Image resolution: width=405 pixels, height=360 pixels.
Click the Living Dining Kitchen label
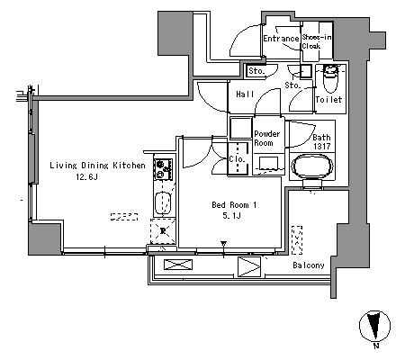click(x=97, y=166)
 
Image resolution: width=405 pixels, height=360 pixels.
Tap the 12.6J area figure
click(x=86, y=177)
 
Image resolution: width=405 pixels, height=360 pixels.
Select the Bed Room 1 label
click(x=234, y=205)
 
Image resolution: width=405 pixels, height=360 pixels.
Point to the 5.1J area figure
click(x=231, y=215)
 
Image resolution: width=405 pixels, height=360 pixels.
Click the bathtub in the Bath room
click(x=312, y=166)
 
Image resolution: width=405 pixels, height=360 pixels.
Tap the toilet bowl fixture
click(x=330, y=79)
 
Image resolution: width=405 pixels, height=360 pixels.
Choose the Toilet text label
click(x=328, y=99)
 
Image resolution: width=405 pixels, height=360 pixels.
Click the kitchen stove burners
click(x=163, y=169)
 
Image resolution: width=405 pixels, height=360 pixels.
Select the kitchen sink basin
click(x=163, y=203)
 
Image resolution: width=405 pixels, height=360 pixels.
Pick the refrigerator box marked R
click(x=163, y=231)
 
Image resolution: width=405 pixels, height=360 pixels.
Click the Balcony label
click(x=309, y=265)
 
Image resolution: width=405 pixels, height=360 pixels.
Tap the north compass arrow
click(x=374, y=325)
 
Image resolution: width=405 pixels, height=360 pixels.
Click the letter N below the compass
click(x=376, y=346)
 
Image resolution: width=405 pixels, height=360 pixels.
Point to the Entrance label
click(x=281, y=39)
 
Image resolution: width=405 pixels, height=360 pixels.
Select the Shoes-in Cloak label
click(x=317, y=41)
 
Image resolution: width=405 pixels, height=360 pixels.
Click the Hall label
click(x=245, y=94)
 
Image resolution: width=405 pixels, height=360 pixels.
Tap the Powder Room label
click(x=267, y=138)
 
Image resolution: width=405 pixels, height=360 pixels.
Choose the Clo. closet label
click(x=237, y=158)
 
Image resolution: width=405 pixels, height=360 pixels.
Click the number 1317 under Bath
click(x=322, y=147)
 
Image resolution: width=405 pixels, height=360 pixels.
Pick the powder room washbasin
click(x=268, y=164)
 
